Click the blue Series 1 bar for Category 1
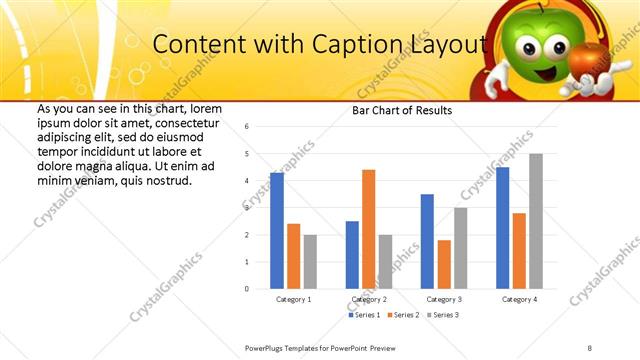277,231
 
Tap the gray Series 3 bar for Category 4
536,221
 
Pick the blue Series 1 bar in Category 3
427,241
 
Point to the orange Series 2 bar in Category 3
444,264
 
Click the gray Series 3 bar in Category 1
310,262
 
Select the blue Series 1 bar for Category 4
502,228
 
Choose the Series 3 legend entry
446,315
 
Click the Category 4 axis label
519,299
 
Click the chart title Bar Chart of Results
402,110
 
